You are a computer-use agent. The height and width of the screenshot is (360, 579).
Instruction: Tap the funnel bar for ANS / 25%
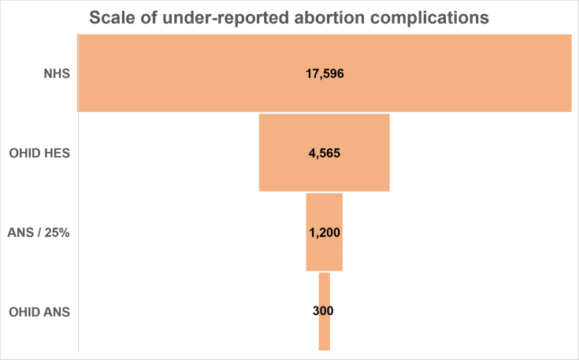pos(324,252)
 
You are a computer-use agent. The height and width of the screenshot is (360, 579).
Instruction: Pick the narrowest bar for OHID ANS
pos(324,335)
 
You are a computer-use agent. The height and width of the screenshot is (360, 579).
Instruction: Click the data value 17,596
pos(325,74)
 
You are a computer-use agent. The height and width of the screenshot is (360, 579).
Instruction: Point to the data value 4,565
pos(325,154)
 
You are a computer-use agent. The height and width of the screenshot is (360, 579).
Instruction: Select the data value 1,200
pos(325,232)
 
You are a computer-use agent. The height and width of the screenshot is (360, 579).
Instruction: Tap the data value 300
pos(324,311)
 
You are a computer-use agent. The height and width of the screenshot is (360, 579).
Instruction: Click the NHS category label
pos(58,75)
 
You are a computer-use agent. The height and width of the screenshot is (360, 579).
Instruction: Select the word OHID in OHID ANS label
pos(25,312)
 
